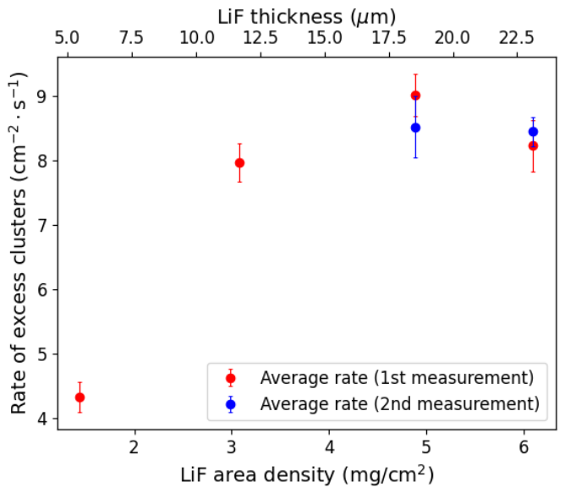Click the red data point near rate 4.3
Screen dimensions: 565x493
pyautogui.click(x=80, y=397)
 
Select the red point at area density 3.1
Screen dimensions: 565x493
pyautogui.click(x=239, y=163)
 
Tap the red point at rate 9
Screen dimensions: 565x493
pyautogui.click(x=415, y=96)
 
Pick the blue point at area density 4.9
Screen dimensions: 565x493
pyautogui.click(x=415, y=128)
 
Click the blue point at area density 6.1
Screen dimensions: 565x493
pyautogui.click(x=534, y=132)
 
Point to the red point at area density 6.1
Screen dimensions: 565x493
pyautogui.click(x=534, y=146)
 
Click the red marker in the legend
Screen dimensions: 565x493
pyautogui.click(x=231, y=378)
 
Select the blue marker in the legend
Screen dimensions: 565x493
pyautogui.click(x=231, y=404)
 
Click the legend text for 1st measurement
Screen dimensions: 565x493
pyautogui.click(x=397, y=378)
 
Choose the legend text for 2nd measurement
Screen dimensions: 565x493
pyautogui.click(x=400, y=404)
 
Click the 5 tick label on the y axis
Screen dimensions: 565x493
pyautogui.click(x=43, y=354)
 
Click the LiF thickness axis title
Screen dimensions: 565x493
pyautogui.click(x=307, y=17)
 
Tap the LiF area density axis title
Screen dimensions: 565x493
pyautogui.click(x=307, y=474)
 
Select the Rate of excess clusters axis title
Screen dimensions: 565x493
pyautogui.click(x=18, y=244)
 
